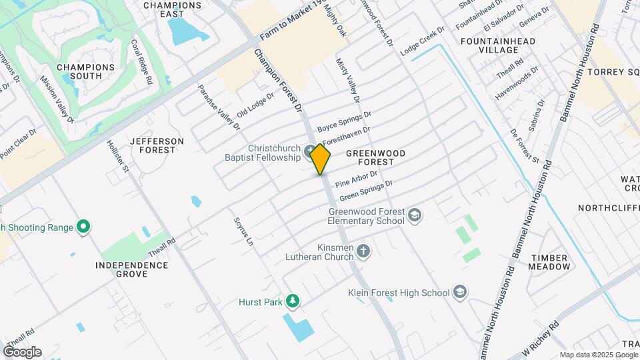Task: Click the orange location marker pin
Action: tap(321, 159)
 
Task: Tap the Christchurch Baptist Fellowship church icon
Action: tap(310, 152)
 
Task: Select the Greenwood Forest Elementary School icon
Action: tap(415, 215)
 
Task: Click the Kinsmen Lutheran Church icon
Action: tap(363, 251)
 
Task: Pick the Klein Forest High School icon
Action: tap(460, 292)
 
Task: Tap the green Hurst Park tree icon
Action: tap(292, 302)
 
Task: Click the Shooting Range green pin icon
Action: tap(83, 227)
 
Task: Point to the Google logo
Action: tap(22, 351)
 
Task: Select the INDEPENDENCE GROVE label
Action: tap(131, 269)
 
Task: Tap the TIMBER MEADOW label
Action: tap(549, 262)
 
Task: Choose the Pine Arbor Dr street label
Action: tap(357, 179)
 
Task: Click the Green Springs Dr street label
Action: tap(366, 191)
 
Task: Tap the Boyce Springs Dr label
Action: tap(343, 121)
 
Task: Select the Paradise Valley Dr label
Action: tap(219, 107)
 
